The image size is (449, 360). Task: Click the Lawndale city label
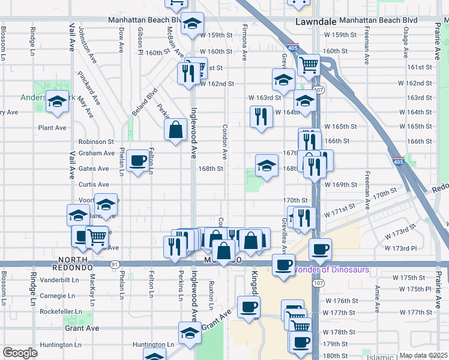[316, 20]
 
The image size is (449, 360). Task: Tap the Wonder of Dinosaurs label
[330, 269]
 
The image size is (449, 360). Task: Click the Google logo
[20, 353]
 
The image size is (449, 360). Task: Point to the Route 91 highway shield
[114, 264]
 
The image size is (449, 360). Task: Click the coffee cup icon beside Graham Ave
[138, 160]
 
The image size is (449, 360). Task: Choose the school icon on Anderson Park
[58, 103]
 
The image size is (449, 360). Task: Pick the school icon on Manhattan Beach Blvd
[192, 23]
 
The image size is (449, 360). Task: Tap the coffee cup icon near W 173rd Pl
[320, 248]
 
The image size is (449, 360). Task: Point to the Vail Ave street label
[72, 37]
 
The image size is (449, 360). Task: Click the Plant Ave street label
[52, 127]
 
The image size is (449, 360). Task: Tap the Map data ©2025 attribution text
[423, 355]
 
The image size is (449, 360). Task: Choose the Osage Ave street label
[405, 46]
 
